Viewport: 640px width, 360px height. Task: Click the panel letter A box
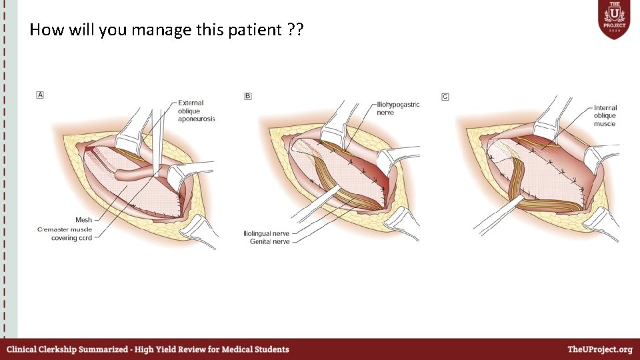tap(40, 95)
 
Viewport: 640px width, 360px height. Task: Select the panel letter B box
tap(248, 97)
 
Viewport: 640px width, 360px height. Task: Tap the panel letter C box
tap(445, 97)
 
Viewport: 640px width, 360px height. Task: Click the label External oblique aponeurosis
tap(196, 111)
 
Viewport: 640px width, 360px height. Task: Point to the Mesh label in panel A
tap(83, 219)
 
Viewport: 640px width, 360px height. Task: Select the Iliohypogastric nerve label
tap(398, 109)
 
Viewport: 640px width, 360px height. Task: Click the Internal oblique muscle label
tap(605, 115)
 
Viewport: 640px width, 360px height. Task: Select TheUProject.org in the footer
tap(599, 349)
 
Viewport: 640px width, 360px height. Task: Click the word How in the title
tap(43, 30)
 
